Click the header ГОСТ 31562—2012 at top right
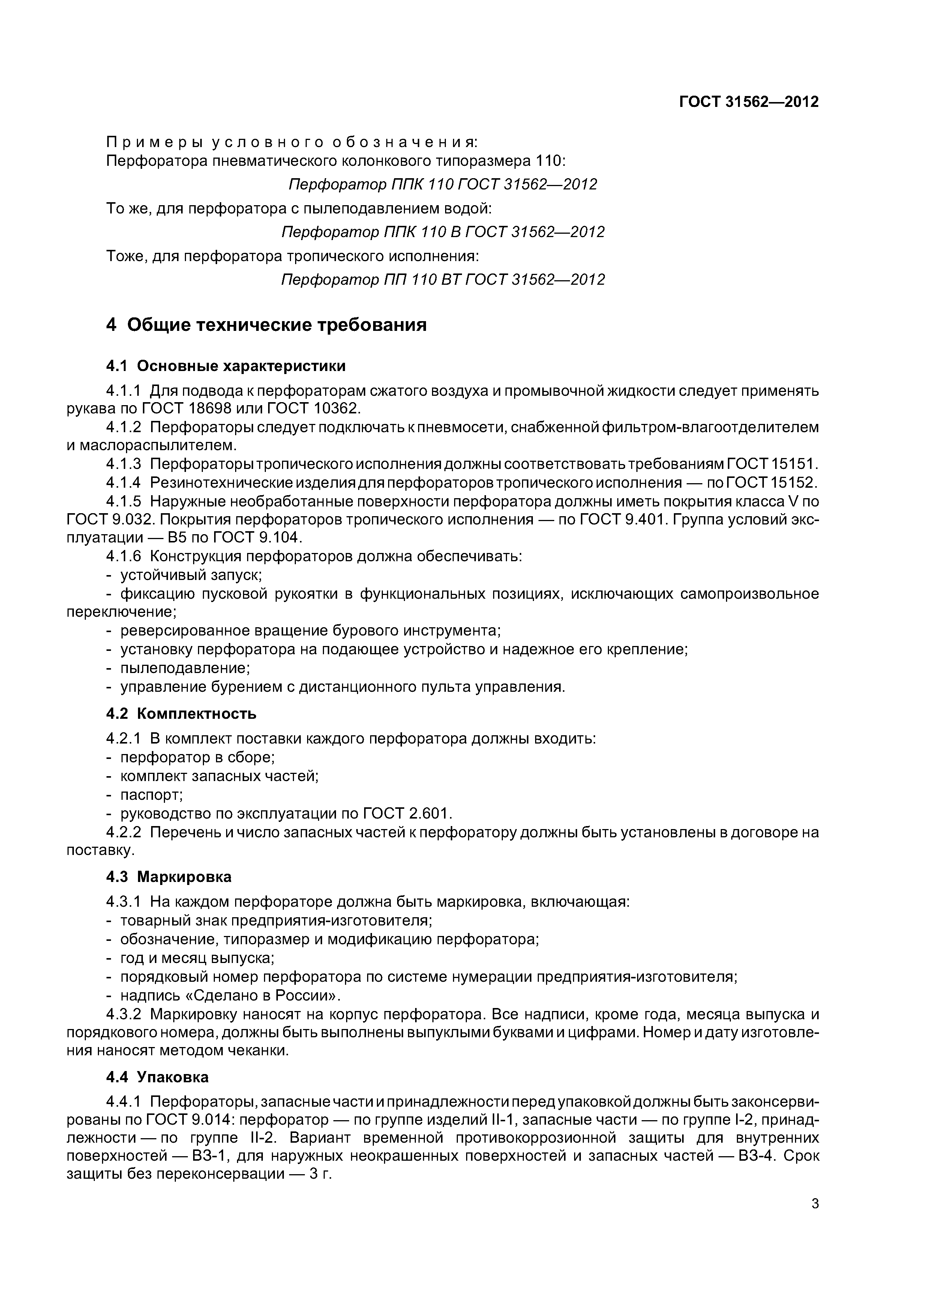(748, 102)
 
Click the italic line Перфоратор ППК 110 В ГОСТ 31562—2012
(443, 232)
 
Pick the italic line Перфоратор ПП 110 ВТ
(443, 280)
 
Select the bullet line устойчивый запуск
(191, 575)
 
